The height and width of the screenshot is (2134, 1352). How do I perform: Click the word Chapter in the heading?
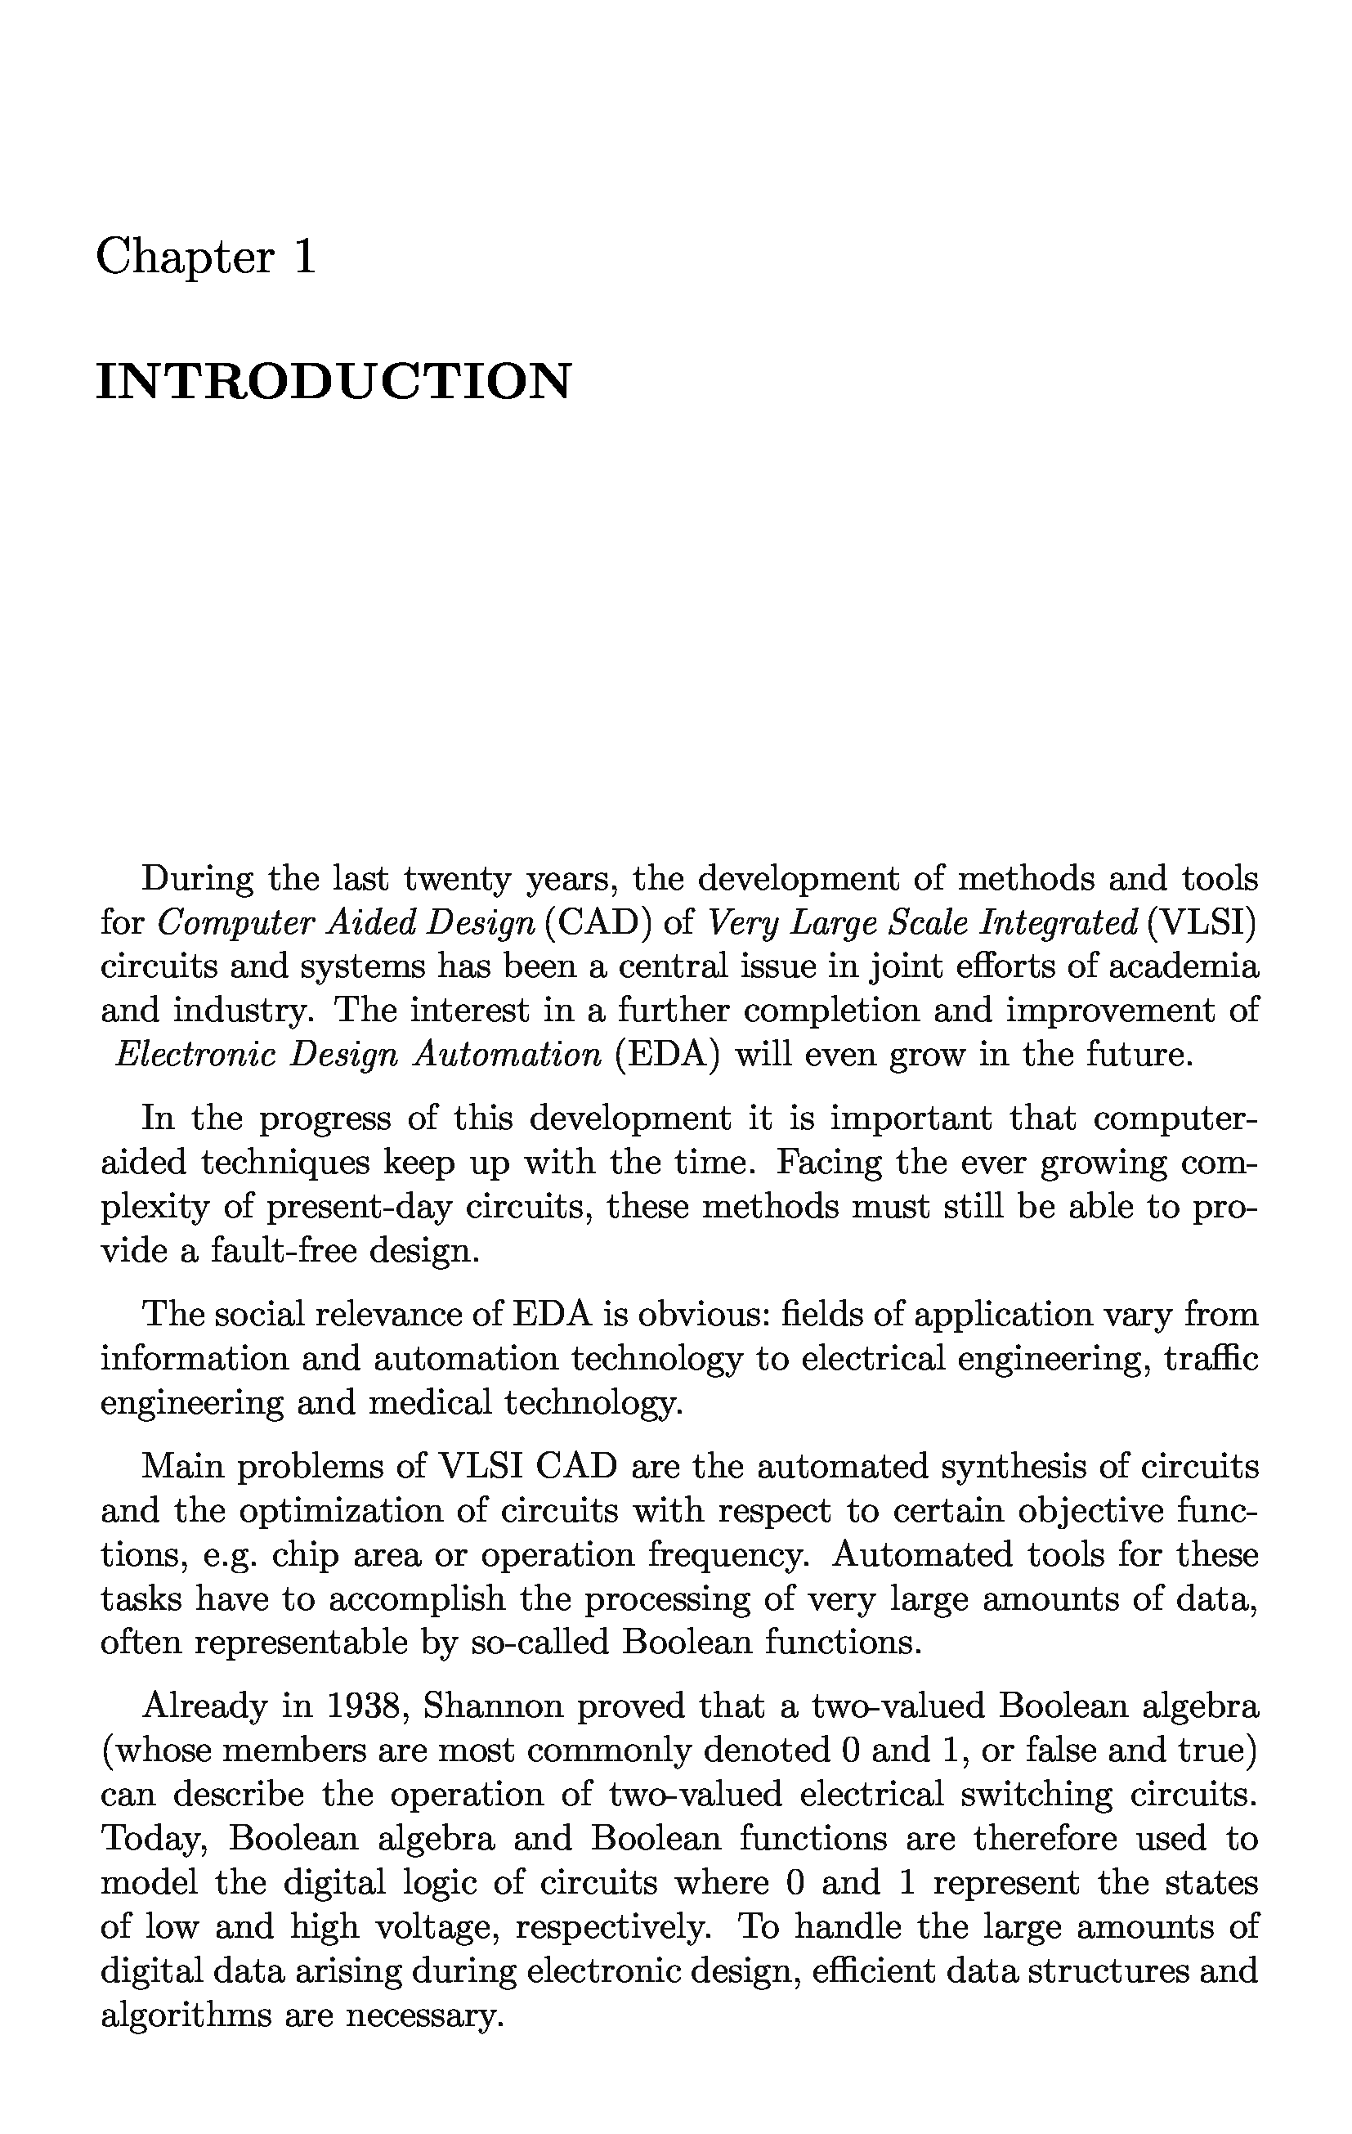tap(186, 258)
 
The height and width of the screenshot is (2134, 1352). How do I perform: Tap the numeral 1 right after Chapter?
tap(303, 258)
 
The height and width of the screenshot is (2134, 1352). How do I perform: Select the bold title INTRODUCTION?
tap(334, 382)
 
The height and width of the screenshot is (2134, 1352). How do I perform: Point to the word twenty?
tap(457, 879)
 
